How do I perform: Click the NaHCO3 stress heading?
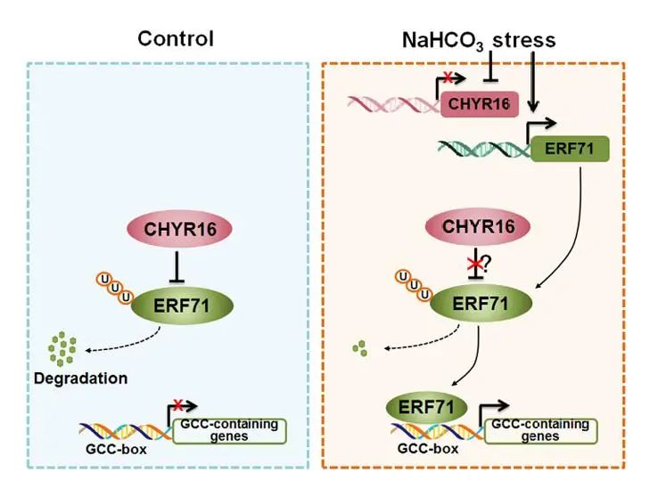click(x=479, y=39)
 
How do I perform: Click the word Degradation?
click(x=81, y=378)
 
